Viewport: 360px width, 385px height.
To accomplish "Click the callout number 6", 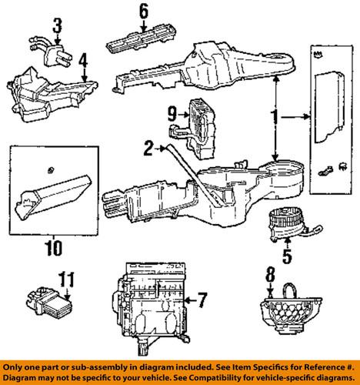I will pyautogui.click(x=143, y=11).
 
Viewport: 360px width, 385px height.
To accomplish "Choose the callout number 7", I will pyautogui.click(x=202, y=298).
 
